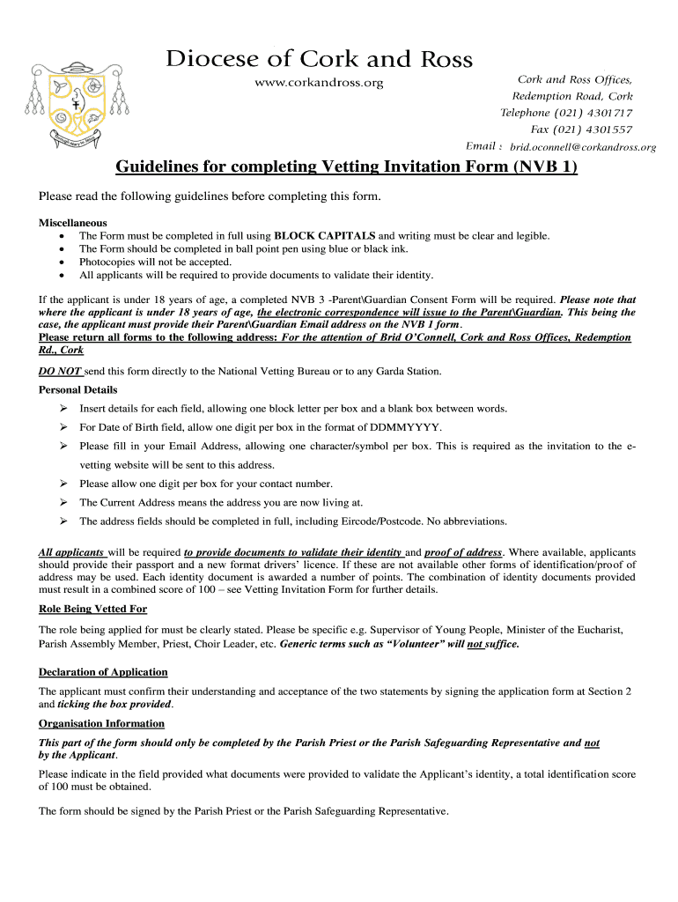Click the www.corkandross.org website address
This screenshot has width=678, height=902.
point(319,83)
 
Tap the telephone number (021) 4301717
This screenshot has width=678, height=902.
point(593,113)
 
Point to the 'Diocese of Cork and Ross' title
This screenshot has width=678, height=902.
point(320,59)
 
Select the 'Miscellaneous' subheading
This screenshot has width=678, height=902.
point(73,223)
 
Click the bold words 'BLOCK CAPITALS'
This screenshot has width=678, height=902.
point(325,236)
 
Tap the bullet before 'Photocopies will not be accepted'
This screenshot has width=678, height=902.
point(60,262)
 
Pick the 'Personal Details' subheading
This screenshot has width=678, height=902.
point(78,389)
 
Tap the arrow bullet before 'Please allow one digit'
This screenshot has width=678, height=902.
point(64,484)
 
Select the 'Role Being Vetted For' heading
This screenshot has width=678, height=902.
point(92,609)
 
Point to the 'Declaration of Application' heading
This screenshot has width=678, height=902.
point(103,672)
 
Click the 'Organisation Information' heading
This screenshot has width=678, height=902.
point(101,723)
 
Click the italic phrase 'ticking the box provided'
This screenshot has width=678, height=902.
point(115,704)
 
